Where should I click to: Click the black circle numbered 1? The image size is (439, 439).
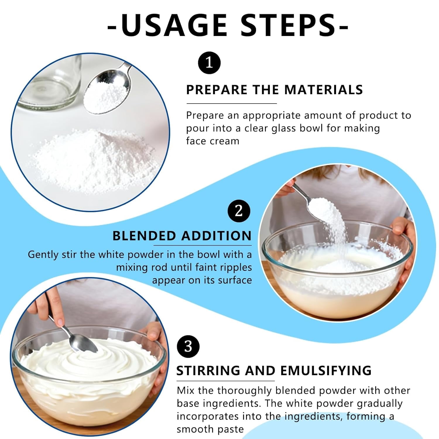(209, 63)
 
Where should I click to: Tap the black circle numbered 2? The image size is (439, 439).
(239, 211)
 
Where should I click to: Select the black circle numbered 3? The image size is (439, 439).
(188, 347)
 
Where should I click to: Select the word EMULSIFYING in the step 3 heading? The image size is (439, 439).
(326, 371)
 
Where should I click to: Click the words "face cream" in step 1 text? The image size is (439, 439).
(212, 141)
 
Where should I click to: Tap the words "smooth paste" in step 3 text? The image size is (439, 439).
(210, 429)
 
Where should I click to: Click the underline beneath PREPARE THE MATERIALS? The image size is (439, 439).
(231, 103)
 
